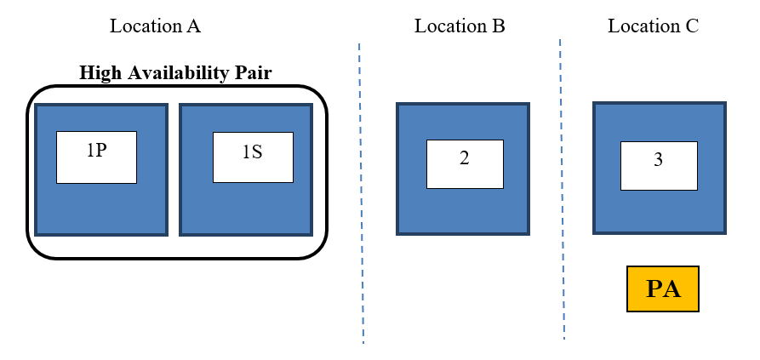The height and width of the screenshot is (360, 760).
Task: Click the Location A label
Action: click(155, 26)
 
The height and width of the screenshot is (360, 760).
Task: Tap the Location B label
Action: click(460, 26)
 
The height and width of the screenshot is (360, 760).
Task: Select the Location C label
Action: click(653, 26)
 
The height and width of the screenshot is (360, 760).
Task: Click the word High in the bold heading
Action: click(98, 72)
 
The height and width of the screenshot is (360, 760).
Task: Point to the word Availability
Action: click(176, 72)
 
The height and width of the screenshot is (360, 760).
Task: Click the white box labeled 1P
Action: click(96, 157)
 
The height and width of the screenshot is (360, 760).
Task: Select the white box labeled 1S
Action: click(253, 157)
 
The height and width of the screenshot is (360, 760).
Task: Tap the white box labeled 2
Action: click(464, 163)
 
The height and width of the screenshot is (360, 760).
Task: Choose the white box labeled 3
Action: click(658, 165)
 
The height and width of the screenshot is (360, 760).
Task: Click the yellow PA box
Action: click(663, 289)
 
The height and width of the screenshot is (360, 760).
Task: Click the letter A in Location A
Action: click(194, 26)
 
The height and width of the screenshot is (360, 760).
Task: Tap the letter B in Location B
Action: click(499, 26)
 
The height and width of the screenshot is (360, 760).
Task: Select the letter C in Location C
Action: click(692, 26)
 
